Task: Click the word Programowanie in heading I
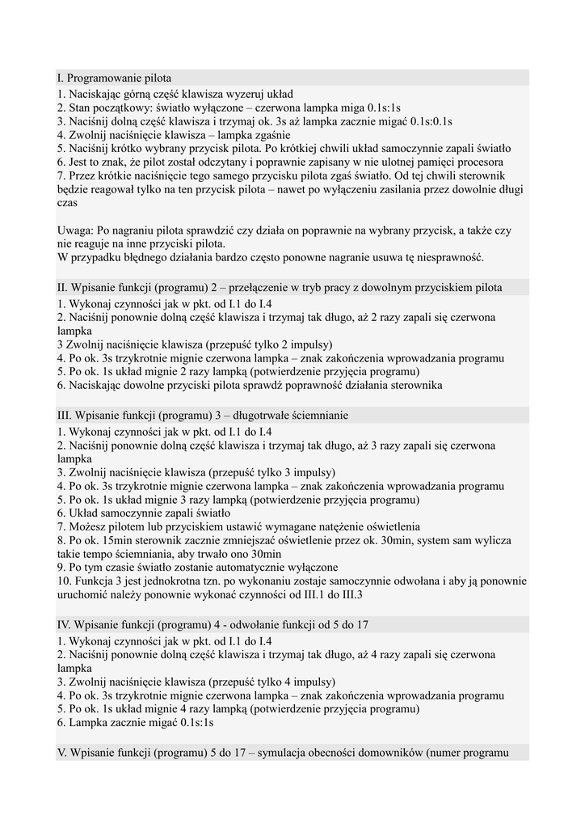click(105, 78)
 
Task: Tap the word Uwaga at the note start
click(75, 230)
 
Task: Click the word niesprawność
click(447, 258)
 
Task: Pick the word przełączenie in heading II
click(280, 287)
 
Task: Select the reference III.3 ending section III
click(346, 595)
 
